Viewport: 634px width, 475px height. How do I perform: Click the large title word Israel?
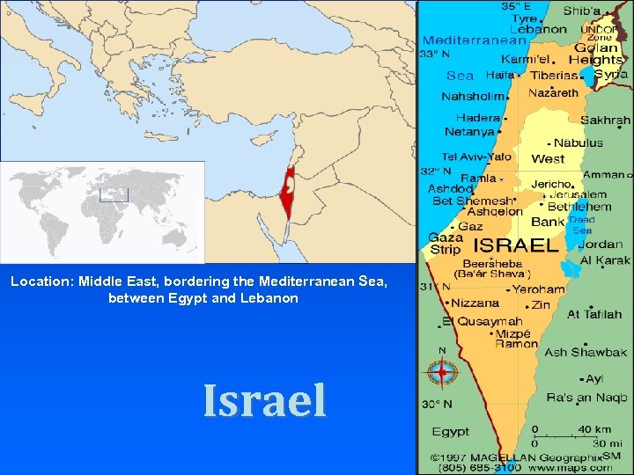[x=264, y=400]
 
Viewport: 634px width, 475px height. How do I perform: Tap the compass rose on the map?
[x=441, y=373]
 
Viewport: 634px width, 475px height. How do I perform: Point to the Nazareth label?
[x=554, y=92]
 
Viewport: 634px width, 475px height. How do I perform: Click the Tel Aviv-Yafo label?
[x=477, y=157]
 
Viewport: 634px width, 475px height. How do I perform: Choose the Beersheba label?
[x=488, y=263]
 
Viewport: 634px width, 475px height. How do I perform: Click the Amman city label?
[x=603, y=175]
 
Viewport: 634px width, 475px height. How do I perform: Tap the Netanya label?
[x=469, y=132]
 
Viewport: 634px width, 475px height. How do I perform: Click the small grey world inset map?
[x=102, y=211]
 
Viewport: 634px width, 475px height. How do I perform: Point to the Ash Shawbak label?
[x=585, y=353]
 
